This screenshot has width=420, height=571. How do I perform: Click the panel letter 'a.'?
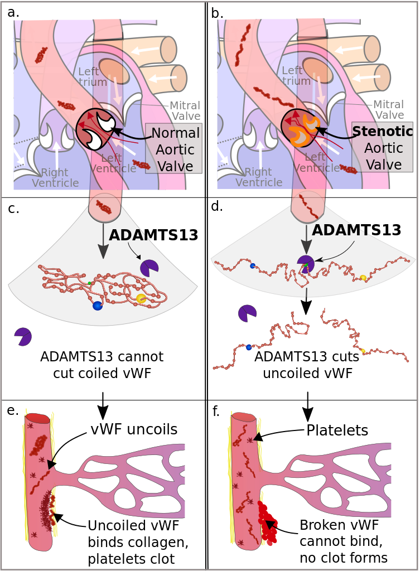click(x=13, y=13)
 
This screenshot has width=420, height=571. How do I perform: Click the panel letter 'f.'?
click(x=216, y=411)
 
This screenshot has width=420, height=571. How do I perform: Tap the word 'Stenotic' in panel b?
click(x=383, y=131)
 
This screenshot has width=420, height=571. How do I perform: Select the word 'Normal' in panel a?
click(x=176, y=133)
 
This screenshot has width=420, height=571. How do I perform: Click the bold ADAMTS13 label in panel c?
click(x=153, y=235)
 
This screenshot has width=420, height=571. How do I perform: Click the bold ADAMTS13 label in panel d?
click(x=356, y=230)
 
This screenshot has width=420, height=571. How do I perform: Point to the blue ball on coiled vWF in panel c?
click(x=97, y=306)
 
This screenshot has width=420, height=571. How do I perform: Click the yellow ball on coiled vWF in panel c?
click(x=141, y=299)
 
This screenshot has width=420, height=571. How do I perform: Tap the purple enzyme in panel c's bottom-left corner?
click(x=23, y=336)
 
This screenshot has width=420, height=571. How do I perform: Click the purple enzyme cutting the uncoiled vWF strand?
click(x=305, y=263)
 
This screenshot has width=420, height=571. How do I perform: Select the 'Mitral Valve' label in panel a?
click(x=185, y=111)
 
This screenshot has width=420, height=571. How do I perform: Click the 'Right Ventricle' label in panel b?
click(x=259, y=177)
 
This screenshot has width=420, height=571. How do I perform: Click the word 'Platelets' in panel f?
click(x=337, y=430)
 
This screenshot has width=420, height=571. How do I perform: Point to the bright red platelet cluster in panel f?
click(x=267, y=522)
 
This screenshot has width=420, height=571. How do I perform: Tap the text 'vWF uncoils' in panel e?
click(x=134, y=429)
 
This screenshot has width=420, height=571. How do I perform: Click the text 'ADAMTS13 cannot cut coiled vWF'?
click(x=102, y=365)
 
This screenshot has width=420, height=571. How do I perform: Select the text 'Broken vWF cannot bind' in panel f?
click(x=341, y=533)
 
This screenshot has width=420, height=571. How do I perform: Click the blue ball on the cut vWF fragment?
click(x=249, y=347)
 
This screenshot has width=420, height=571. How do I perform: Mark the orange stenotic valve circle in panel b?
click(x=300, y=129)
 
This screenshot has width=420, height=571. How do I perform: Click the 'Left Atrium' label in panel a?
click(x=93, y=76)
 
